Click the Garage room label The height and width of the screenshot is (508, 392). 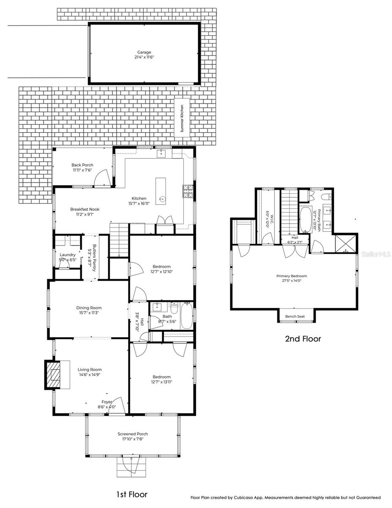pos(144,52)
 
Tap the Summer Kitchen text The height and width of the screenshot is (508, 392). pos(182,119)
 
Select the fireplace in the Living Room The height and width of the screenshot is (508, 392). pos(54,375)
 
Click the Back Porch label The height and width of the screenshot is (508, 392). pos(82,165)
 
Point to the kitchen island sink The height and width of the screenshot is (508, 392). pos(162,198)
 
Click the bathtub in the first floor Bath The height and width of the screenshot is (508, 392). pos(186,316)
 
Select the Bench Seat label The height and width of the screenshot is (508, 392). pos(296,316)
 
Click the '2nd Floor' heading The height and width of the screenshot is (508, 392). pos(302,339)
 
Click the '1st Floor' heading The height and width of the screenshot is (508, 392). pos(132,494)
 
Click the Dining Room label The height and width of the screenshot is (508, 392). pos(89,308)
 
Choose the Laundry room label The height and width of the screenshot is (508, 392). pos(68,254)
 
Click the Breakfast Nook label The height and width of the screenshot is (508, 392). pos(82,209)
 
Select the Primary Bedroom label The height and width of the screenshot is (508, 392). pos(292,276)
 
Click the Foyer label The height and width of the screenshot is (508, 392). pos(107,402)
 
